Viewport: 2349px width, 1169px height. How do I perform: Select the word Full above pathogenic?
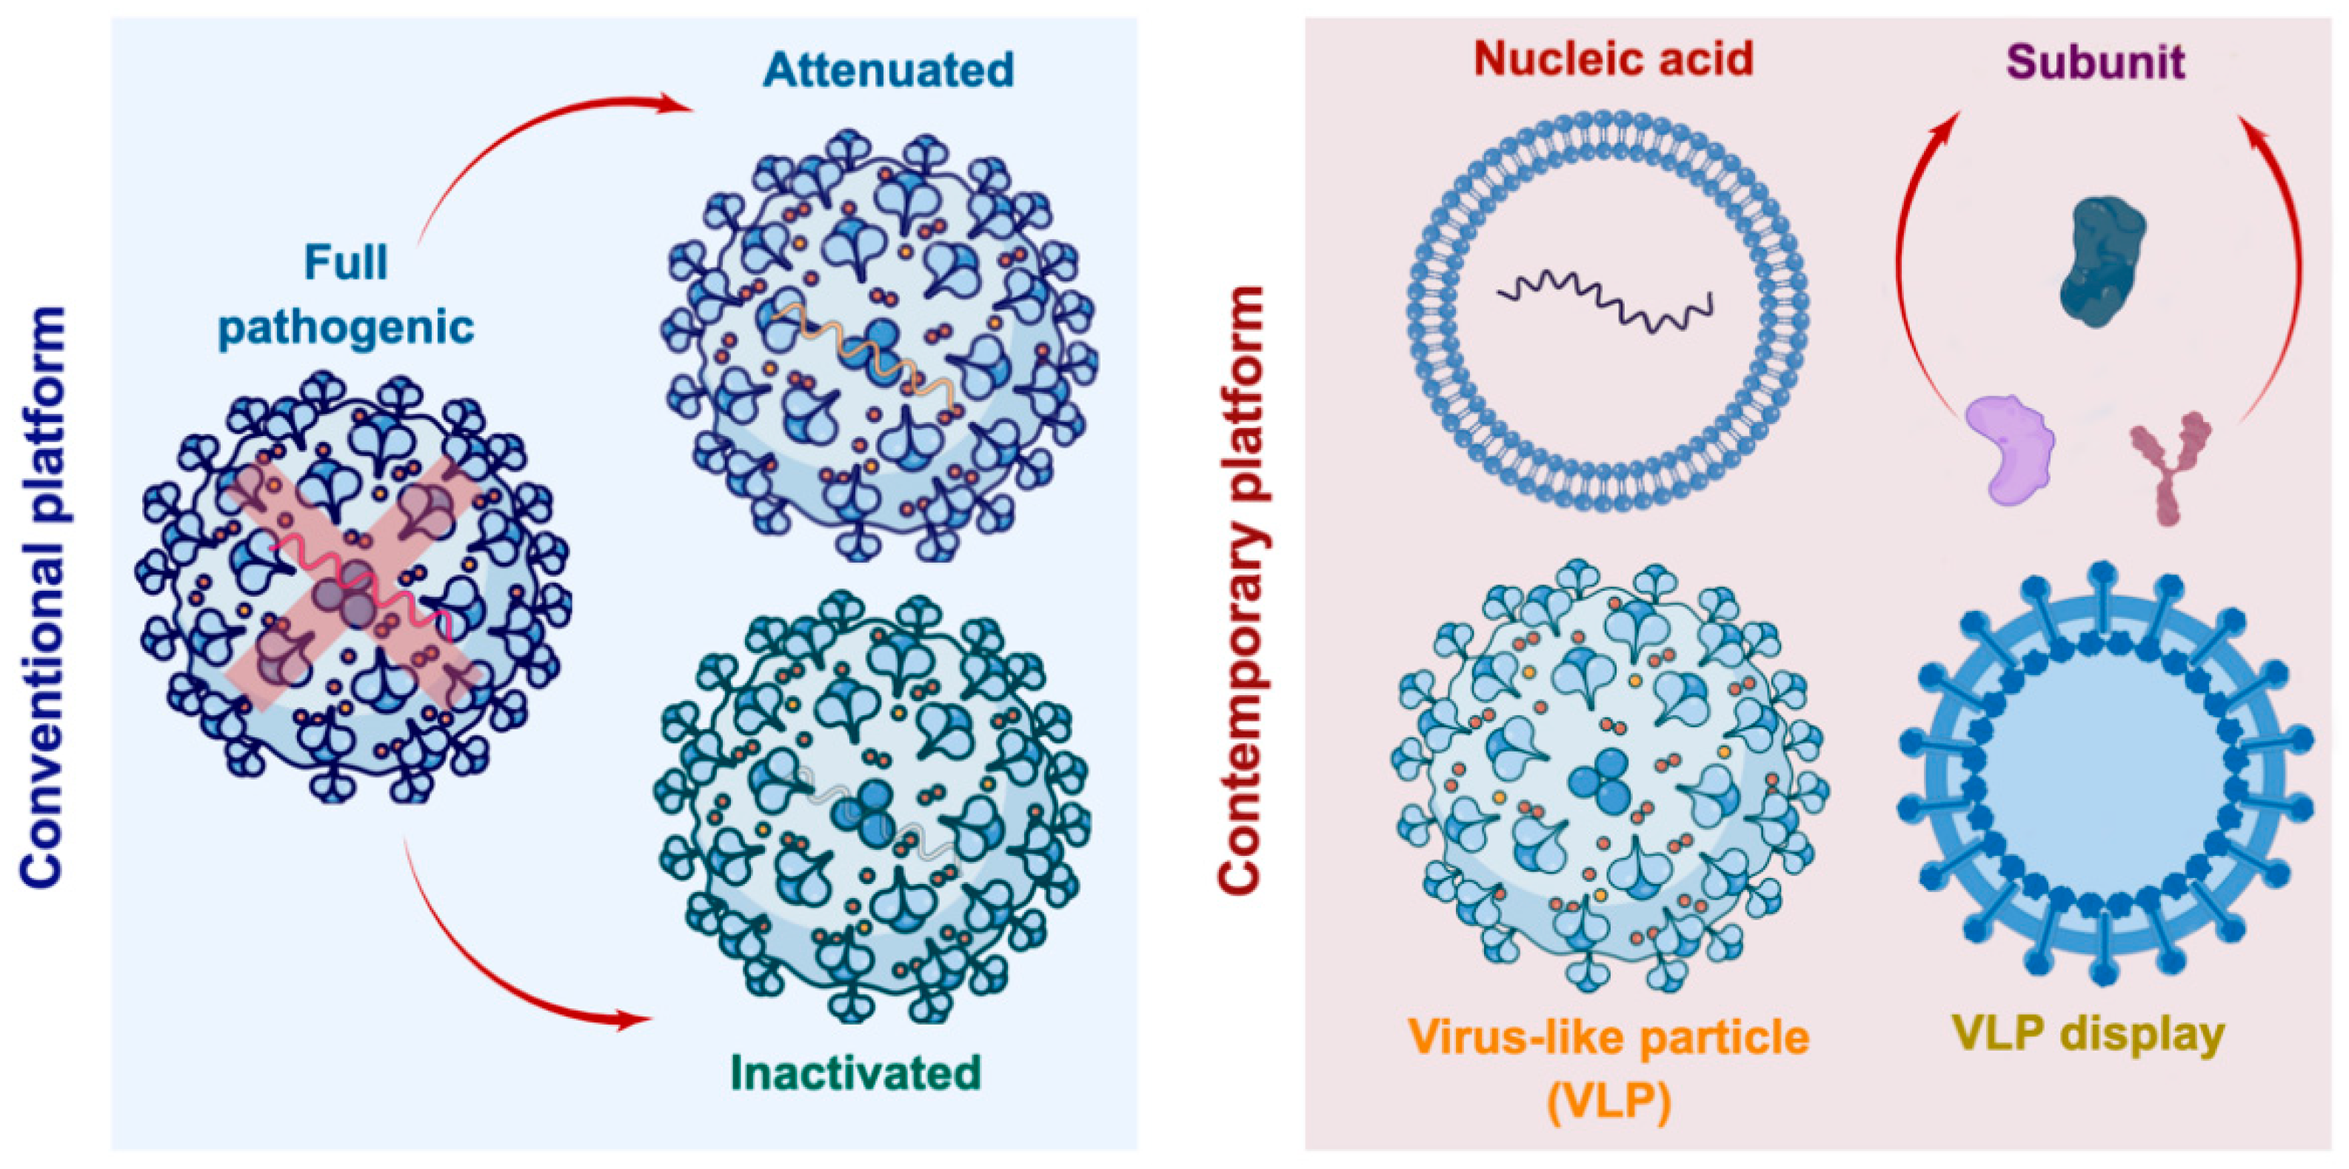[346, 263]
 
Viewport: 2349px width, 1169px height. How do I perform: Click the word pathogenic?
[346, 326]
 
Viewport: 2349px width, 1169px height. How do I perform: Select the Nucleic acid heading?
[1613, 58]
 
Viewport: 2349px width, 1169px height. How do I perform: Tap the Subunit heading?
[2096, 62]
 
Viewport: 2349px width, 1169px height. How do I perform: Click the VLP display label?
[2088, 1034]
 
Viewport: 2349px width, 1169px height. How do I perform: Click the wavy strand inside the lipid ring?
[1605, 304]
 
